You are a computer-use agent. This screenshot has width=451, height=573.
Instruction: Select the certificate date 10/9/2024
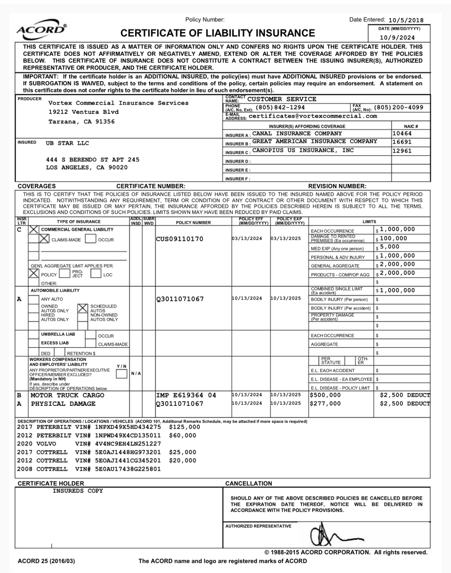pyautogui.click(x=397, y=37)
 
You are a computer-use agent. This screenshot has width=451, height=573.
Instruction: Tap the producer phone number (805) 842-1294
pyautogui.click(x=280, y=108)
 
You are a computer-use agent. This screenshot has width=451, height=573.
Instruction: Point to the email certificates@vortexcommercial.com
pyautogui.click(x=313, y=116)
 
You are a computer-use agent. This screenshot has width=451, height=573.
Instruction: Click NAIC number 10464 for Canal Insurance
pyautogui.click(x=402, y=134)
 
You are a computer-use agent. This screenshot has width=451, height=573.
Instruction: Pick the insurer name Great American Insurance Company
pyautogui.click(x=315, y=141)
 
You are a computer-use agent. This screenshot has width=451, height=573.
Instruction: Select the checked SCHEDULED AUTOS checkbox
pyautogui.click(x=82, y=308)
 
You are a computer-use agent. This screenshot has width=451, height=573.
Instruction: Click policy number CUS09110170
pyautogui.click(x=180, y=239)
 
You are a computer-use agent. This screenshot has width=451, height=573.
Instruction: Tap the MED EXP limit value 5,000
pyautogui.click(x=390, y=247)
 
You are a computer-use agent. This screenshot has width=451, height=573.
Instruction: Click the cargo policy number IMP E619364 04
pyautogui.click(x=186, y=395)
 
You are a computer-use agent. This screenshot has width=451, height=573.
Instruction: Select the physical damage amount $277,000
pyautogui.click(x=325, y=404)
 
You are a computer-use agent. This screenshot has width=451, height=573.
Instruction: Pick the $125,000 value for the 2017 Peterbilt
pyautogui.click(x=184, y=427)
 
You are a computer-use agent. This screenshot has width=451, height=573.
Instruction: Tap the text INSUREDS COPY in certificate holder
pyautogui.click(x=78, y=491)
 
